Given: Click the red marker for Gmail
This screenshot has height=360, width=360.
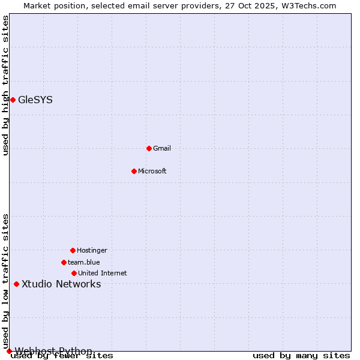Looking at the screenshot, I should tap(149, 148).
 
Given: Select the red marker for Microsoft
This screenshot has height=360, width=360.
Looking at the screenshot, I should tap(134, 171).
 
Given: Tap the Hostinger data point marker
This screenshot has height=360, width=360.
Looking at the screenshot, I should tap(73, 250).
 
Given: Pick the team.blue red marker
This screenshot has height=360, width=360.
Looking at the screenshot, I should tap(64, 262).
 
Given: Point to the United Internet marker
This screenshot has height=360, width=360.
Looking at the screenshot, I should tap(74, 273).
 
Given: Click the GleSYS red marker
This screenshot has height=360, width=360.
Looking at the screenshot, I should tap(13, 100).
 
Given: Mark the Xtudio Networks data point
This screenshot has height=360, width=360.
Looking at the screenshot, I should tap(16, 284).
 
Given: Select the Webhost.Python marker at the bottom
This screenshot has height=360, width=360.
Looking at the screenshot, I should tap(9, 351).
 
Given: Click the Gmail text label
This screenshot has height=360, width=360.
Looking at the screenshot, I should tap(162, 148).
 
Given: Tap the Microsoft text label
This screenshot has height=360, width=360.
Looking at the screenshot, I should tap(152, 171).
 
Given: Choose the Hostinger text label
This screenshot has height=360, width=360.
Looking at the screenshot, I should tap(92, 250).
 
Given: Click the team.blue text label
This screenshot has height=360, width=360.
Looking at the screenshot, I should tap(84, 262).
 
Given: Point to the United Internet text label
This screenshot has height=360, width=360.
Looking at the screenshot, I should tap(103, 273).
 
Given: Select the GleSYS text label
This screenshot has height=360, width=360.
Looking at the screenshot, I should tap(35, 100).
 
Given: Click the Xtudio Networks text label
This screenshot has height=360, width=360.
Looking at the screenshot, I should tap(61, 284).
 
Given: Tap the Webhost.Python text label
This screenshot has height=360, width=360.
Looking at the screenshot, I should tap(53, 351).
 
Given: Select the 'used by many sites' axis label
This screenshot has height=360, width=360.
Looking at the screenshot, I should tap(301, 355).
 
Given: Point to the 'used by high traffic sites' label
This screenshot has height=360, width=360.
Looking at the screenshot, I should tap(5, 85).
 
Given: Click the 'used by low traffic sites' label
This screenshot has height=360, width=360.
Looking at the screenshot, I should tap(5, 281).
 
